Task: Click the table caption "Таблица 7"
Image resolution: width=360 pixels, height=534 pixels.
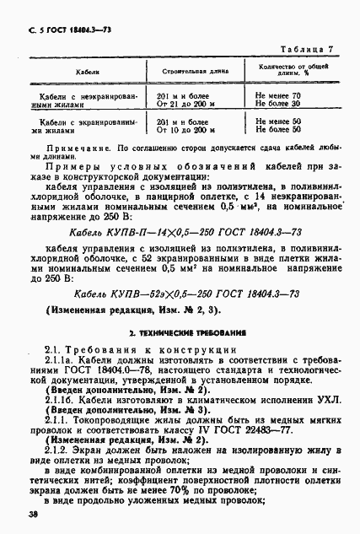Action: [309, 51]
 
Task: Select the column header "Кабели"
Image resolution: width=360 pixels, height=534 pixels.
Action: [68, 74]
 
